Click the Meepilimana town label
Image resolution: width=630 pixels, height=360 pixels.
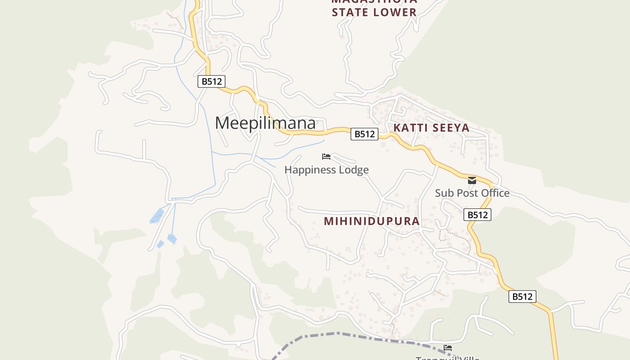click(265, 123)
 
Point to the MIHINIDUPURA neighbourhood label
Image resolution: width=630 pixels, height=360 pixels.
click(372, 221)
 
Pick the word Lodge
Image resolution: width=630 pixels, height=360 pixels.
click(353, 170)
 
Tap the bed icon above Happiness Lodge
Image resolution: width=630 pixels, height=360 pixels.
click(326, 157)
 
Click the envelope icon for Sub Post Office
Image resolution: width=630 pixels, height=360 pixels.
click(472, 180)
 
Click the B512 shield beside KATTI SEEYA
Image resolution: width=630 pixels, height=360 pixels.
click(364, 134)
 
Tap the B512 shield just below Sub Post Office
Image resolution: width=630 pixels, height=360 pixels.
click(477, 215)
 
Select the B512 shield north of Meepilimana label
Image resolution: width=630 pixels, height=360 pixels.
click(211, 81)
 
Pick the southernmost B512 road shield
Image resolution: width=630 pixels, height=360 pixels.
click(522, 297)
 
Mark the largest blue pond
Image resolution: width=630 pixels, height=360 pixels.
click(157, 216)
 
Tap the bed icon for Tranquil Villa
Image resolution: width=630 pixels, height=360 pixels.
click(448, 347)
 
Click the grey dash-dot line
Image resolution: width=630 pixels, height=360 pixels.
click(337, 333)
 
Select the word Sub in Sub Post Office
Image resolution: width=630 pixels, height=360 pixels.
click(443, 193)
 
